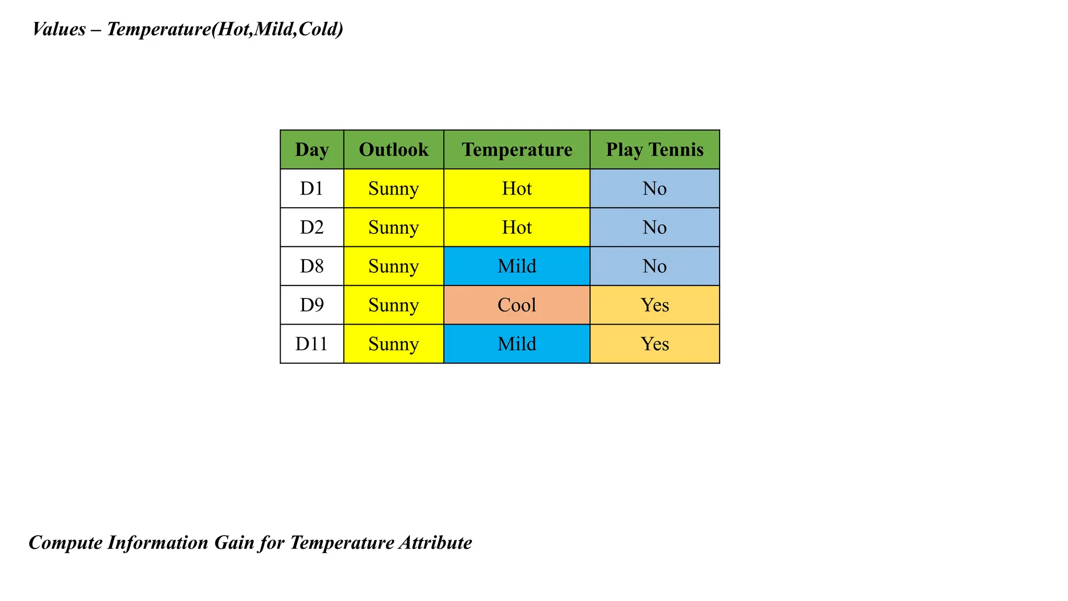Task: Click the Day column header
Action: tap(312, 150)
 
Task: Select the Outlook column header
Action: tap(394, 150)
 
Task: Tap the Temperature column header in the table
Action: tap(517, 150)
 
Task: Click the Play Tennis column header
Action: tap(654, 150)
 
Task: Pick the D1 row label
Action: tap(312, 188)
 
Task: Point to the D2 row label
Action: tap(312, 227)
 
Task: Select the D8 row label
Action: tap(312, 266)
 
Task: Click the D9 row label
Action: tap(312, 305)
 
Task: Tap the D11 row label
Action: tap(312, 344)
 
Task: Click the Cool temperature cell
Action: tap(517, 305)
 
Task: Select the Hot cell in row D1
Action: tap(517, 188)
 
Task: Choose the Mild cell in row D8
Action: tap(517, 266)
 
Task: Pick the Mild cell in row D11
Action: tap(517, 344)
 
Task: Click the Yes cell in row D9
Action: tap(654, 305)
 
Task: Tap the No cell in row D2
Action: tap(654, 227)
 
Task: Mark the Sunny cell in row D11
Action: tap(394, 344)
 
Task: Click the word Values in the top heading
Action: tap(59, 29)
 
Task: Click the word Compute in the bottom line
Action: tap(66, 543)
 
